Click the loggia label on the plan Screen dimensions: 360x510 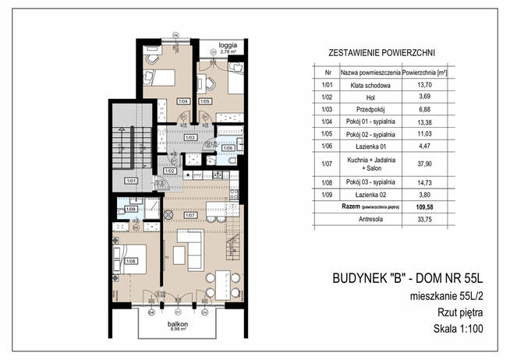(x=227, y=45)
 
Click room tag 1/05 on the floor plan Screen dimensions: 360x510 (x=204, y=101)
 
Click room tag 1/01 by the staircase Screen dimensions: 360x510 (x=131, y=181)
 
